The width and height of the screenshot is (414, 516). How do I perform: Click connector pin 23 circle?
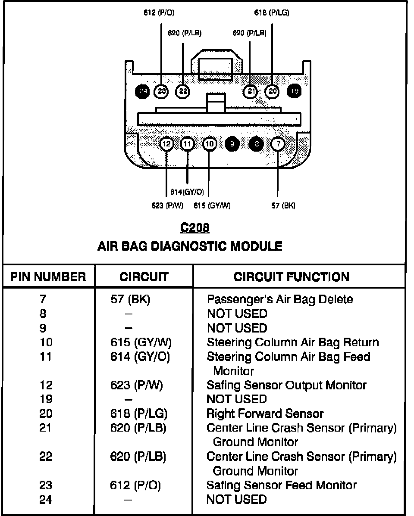[x=161, y=91]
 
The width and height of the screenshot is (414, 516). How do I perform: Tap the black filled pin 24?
[x=142, y=91]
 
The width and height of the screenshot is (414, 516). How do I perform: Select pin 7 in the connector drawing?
[x=278, y=144]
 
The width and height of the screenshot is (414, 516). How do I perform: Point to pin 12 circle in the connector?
[x=167, y=144]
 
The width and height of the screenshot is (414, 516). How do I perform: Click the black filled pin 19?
[x=295, y=91]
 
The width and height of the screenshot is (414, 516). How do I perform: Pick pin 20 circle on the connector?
[x=272, y=91]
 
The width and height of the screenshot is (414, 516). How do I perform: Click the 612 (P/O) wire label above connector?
[x=159, y=13]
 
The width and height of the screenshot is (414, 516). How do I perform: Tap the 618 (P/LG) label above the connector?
[x=272, y=13]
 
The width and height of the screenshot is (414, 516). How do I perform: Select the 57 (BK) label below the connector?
[x=283, y=205]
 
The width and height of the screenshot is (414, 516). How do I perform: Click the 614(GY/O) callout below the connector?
[x=187, y=192]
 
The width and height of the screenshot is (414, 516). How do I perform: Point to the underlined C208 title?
[x=195, y=227]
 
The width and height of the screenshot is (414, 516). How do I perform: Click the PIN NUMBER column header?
[x=48, y=277]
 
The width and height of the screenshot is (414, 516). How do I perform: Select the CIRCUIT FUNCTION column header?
[x=292, y=277]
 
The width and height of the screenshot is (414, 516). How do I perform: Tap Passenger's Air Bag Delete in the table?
[x=280, y=299]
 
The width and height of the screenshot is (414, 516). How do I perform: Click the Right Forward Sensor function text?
[x=265, y=414]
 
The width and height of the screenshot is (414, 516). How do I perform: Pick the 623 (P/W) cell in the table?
[x=136, y=385]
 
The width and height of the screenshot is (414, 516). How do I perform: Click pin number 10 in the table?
[x=46, y=342]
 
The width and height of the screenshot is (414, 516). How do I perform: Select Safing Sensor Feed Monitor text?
[x=282, y=485]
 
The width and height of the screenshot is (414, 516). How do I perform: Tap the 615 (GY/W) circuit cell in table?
[x=141, y=342]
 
